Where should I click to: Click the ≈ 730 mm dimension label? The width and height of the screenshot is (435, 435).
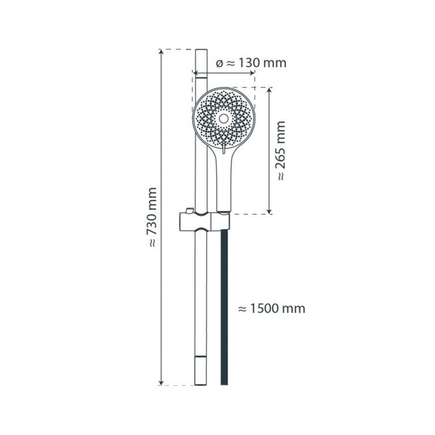coord(152,217)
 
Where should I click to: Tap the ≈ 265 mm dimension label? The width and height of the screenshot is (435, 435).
coord(281,151)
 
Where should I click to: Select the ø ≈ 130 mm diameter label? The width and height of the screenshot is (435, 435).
coord(251,63)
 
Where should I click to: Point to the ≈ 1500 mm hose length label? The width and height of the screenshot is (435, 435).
coord(272,309)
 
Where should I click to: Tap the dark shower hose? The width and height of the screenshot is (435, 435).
coord(224,307)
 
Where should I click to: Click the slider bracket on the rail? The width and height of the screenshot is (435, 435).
coord(205,221)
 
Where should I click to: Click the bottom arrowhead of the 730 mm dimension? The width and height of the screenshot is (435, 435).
coord(160,382)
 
